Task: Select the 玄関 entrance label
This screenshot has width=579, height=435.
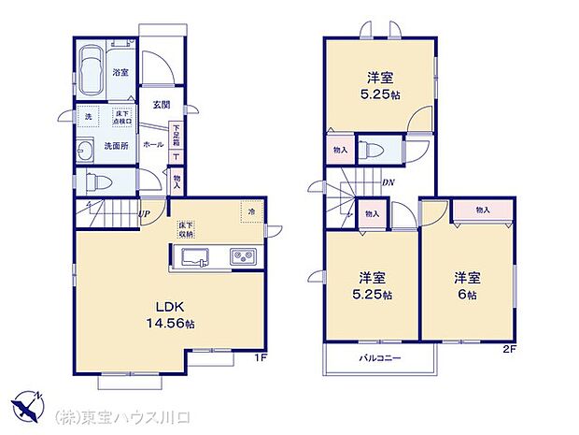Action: [x=160, y=104]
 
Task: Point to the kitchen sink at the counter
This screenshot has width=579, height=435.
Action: [x=197, y=256]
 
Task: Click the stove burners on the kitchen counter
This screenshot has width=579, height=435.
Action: [x=241, y=256]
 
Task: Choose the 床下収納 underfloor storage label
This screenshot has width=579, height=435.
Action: [x=186, y=229]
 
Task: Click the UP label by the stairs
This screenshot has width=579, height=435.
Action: [x=144, y=214]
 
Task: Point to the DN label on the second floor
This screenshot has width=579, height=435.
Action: [x=386, y=182]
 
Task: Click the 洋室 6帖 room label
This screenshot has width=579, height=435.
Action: [x=467, y=285]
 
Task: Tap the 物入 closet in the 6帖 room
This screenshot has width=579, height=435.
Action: [x=483, y=210]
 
